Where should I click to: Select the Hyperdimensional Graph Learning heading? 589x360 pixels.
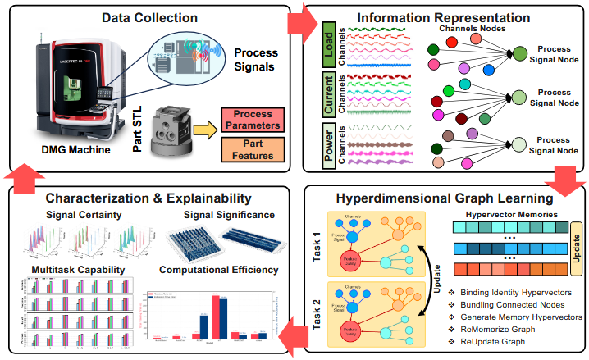click(x=444, y=198)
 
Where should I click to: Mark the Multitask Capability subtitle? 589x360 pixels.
click(x=78, y=269)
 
